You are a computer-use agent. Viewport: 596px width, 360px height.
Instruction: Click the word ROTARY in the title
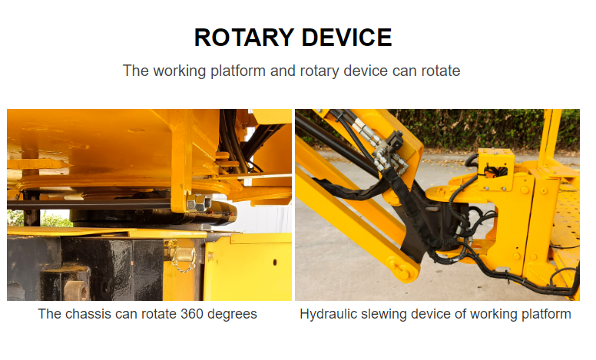point(244,37)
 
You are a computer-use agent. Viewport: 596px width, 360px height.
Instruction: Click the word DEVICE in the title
point(346,37)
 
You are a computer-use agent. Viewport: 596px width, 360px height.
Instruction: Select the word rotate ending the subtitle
point(441,71)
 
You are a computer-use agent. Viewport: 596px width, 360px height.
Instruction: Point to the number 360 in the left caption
point(192,314)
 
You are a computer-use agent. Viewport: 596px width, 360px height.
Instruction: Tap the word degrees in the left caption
point(232,315)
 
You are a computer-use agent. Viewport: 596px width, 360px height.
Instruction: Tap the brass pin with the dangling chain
point(184,253)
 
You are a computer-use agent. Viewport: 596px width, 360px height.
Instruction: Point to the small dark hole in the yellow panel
point(275,263)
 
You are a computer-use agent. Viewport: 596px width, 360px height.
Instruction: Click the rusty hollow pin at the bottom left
point(76,290)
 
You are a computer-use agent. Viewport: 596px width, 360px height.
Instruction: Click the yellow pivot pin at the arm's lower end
point(402,269)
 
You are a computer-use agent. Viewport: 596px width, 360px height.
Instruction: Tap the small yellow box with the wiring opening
point(495,169)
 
